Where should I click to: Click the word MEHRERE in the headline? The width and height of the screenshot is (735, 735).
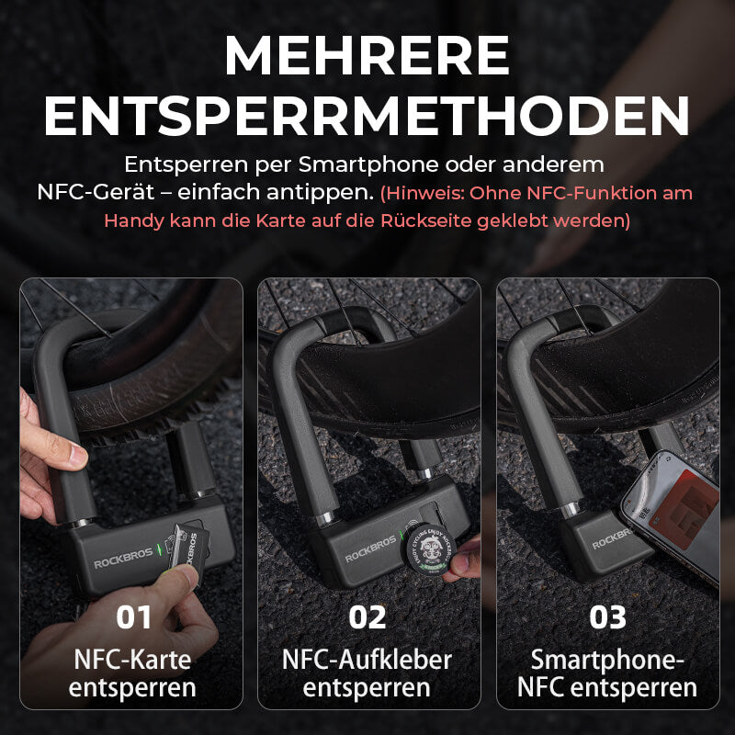tap(367, 56)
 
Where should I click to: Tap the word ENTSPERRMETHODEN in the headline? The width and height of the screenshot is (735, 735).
tap(367, 117)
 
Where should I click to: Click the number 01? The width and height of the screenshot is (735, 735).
tap(134, 616)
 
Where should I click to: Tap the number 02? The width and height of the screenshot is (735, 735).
tap(367, 616)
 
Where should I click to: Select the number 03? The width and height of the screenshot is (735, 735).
tap(607, 616)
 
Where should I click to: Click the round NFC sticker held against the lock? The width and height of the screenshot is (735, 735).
tap(429, 551)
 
